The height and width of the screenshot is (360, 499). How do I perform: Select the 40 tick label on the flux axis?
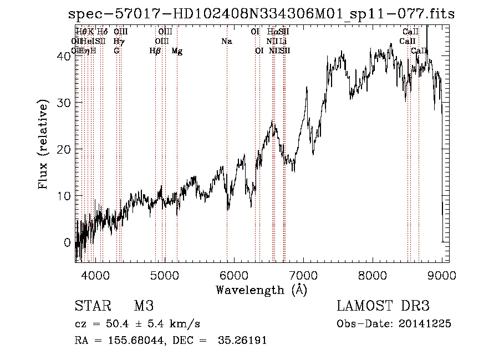tap(64, 56)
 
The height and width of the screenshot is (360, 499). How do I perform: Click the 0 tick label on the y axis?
tap(68, 242)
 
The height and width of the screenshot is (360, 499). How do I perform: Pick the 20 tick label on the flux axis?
tap(64, 149)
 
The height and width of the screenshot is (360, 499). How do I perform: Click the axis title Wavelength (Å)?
tap(261, 290)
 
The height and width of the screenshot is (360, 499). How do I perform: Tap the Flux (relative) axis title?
tap(44, 144)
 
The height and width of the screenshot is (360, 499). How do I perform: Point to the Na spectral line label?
tap(226, 42)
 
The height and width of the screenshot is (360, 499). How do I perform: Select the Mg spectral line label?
tap(177, 51)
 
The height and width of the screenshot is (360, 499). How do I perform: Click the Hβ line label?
tap(155, 51)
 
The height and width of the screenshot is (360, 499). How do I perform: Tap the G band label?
tap(116, 51)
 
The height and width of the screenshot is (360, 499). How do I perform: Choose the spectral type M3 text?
tap(144, 306)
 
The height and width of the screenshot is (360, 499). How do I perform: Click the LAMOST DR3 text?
tap(383, 306)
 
